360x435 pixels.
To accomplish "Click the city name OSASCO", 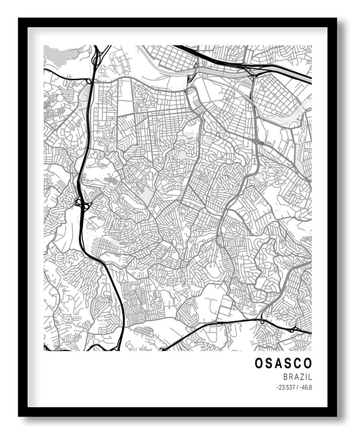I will (x=283, y=363).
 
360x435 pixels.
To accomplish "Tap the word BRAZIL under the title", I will (x=298, y=377).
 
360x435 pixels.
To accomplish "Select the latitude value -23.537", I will (x=286, y=388).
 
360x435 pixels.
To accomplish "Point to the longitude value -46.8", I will (x=306, y=388).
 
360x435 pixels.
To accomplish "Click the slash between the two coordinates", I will (x=297, y=388).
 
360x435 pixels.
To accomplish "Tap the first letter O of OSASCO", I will (x=259, y=363).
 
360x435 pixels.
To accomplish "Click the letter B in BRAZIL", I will (x=285, y=377).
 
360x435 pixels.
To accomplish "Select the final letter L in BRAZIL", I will (x=310, y=377).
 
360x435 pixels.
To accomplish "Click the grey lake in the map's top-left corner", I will (x=60, y=54).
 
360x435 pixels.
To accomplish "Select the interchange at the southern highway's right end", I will (x=294, y=329).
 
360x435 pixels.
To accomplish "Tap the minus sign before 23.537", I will (x=277, y=388).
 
